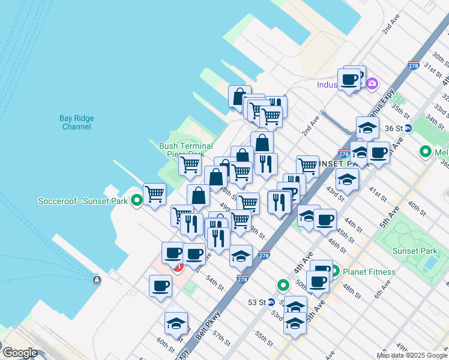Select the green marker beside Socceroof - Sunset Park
(x=137, y=201)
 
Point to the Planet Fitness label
(x=369, y=272)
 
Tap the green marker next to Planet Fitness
(x=335, y=271)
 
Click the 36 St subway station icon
(x=408, y=128)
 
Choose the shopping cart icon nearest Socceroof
(x=154, y=194)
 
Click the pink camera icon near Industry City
(x=372, y=83)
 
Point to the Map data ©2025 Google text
(x=412, y=355)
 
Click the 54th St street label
(x=214, y=280)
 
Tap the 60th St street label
(x=166, y=345)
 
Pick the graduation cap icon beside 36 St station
(x=367, y=127)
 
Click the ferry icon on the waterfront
(x=96, y=280)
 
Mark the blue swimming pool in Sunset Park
(x=430, y=263)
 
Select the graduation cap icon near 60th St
(x=176, y=323)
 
